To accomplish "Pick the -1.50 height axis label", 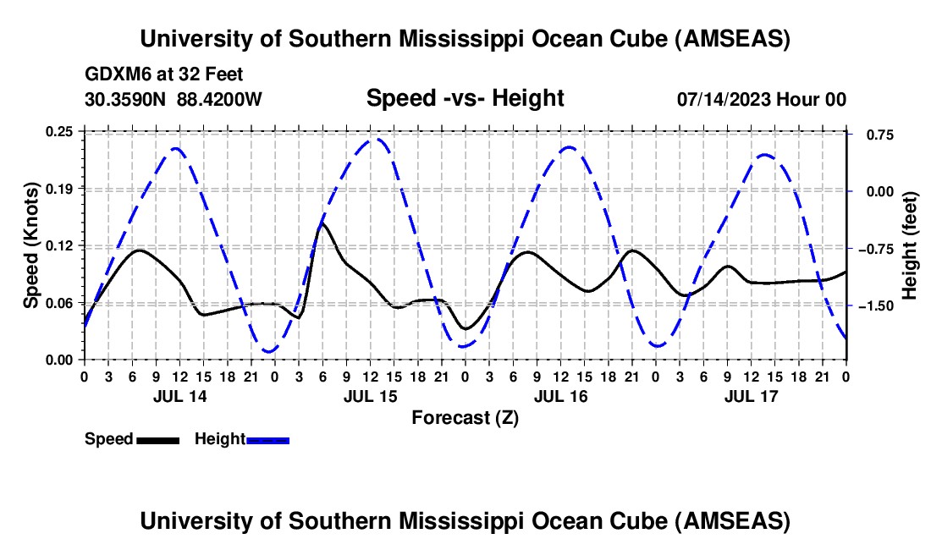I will pyautogui.click(x=876, y=305).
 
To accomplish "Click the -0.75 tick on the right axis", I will pyautogui.click(x=876, y=249).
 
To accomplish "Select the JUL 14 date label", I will pyautogui.click(x=179, y=396).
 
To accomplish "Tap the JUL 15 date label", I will pyautogui.click(x=369, y=396).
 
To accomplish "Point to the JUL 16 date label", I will pyautogui.click(x=559, y=396).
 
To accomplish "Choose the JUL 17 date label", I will pyautogui.click(x=750, y=396).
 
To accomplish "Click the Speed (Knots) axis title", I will pyautogui.click(x=31, y=245).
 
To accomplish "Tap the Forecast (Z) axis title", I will pyautogui.click(x=465, y=417).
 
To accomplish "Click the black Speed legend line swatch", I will pyautogui.click(x=157, y=439).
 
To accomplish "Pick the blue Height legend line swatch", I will pyautogui.click(x=268, y=439).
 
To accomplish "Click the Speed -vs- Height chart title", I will pyautogui.click(x=465, y=98).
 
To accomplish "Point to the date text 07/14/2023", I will pyautogui.click(x=724, y=99).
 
